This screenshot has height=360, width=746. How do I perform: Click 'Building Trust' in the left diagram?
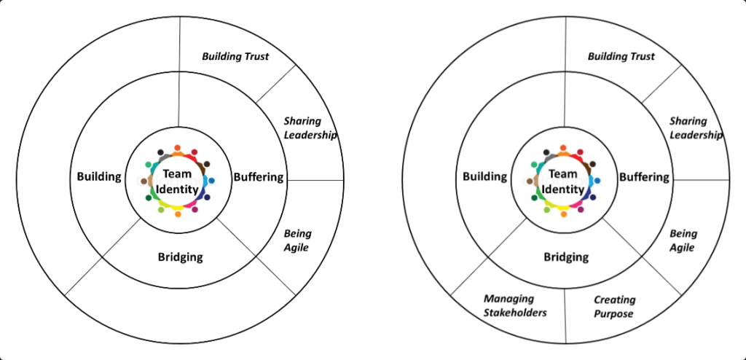(x=235, y=56)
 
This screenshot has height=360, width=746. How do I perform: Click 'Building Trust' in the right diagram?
(x=621, y=56)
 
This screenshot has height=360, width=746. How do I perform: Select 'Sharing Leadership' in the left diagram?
(x=310, y=128)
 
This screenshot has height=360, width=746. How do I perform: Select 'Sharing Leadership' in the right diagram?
(x=696, y=128)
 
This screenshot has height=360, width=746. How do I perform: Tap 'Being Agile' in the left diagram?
(x=297, y=240)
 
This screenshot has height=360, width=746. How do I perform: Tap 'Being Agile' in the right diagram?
(x=683, y=240)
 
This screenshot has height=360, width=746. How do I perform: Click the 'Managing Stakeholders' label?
(x=516, y=306)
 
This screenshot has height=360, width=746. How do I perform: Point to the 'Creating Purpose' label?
(x=613, y=307)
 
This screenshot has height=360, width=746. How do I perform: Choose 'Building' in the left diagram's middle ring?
(x=99, y=176)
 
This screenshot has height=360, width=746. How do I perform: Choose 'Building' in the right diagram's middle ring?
(x=484, y=176)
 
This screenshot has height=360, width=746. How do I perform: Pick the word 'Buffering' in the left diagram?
(x=258, y=176)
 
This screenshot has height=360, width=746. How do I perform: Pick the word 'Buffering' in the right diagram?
(x=644, y=176)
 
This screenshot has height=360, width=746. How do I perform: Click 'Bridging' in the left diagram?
(x=180, y=257)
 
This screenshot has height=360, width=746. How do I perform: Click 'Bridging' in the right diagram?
(x=566, y=257)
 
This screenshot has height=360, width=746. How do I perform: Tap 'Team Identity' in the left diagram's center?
(x=178, y=182)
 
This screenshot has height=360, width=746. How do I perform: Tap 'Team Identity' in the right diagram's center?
(x=564, y=182)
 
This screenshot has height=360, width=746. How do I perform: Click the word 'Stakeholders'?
(x=516, y=313)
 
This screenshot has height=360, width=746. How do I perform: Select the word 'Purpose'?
(x=613, y=314)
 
